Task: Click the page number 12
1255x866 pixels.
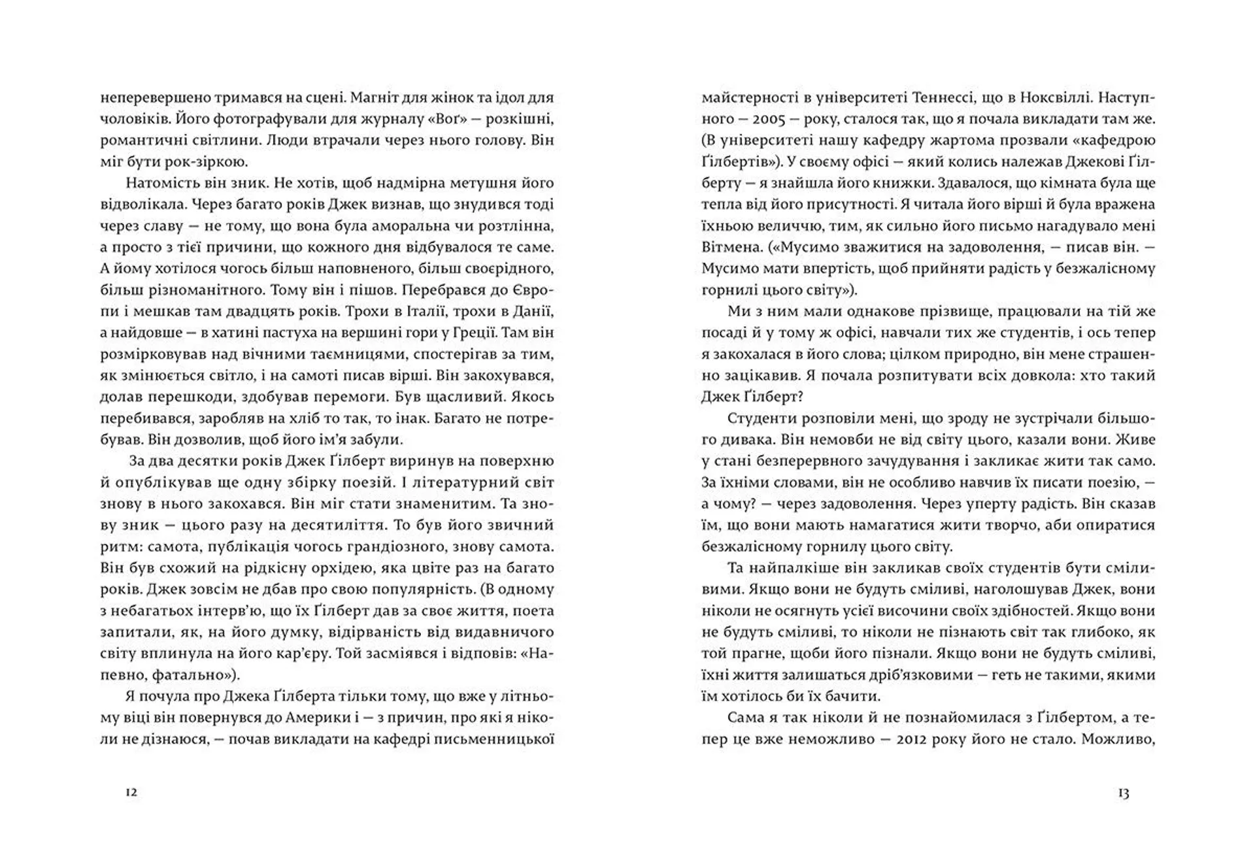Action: click(x=131, y=793)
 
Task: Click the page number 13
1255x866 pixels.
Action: click(x=1123, y=793)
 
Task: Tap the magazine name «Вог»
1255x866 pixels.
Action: click(x=397, y=119)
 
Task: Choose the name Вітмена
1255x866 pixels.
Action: click(x=730, y=248)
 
